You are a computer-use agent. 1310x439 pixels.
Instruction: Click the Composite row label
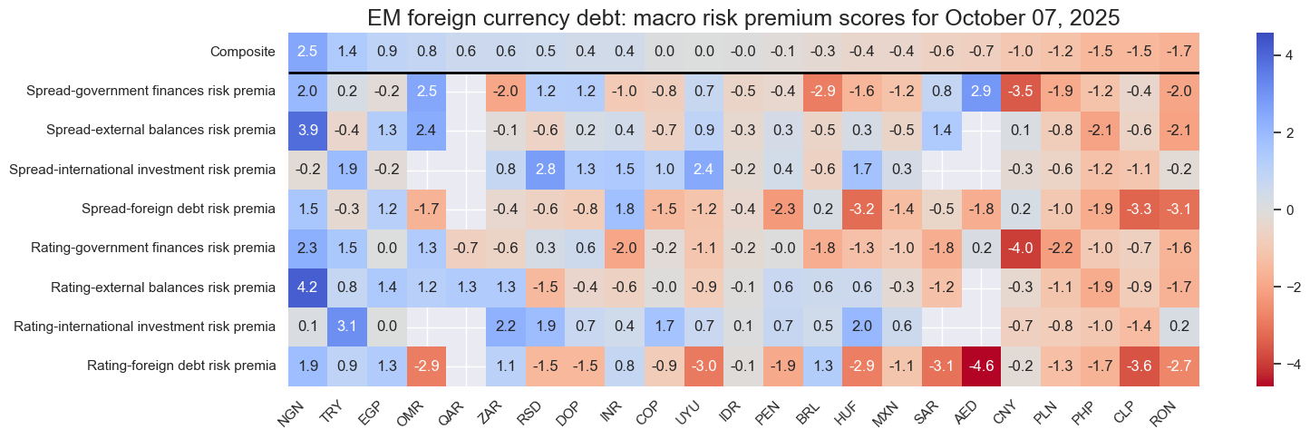pyautogui.click(x=241, y=52)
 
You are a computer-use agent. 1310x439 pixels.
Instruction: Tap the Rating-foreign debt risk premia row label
pyautogui.click(x=181, y=366)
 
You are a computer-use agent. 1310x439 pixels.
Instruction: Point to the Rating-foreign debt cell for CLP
pyautogui.click(x=1140, y=366)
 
